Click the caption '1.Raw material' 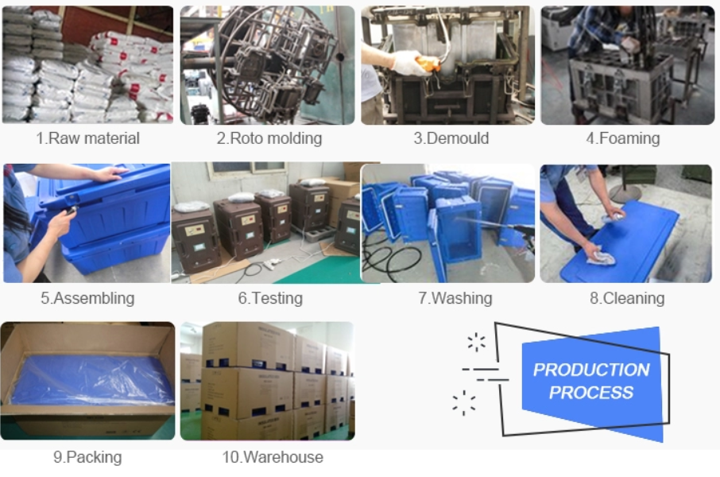[87, 138]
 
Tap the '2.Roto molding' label [269, 138]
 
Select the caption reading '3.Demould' [451, 138]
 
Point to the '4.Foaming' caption [623, 138]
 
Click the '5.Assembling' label [87, 298]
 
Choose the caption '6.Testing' [270, 298]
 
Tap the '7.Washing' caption [455, 298]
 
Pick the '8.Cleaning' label [627, 298]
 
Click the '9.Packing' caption [87, 457]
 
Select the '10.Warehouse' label [273, 457]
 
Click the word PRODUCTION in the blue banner [591, 370]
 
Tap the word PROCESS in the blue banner [591, 393]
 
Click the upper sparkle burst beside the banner [476, 343]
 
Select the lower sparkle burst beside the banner [464, 403]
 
